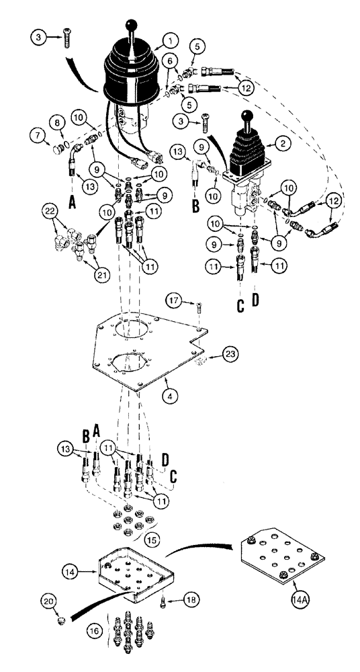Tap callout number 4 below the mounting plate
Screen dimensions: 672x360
point(173,397)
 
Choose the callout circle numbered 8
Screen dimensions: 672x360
point(55,123)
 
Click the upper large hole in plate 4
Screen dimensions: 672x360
point(130,329)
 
